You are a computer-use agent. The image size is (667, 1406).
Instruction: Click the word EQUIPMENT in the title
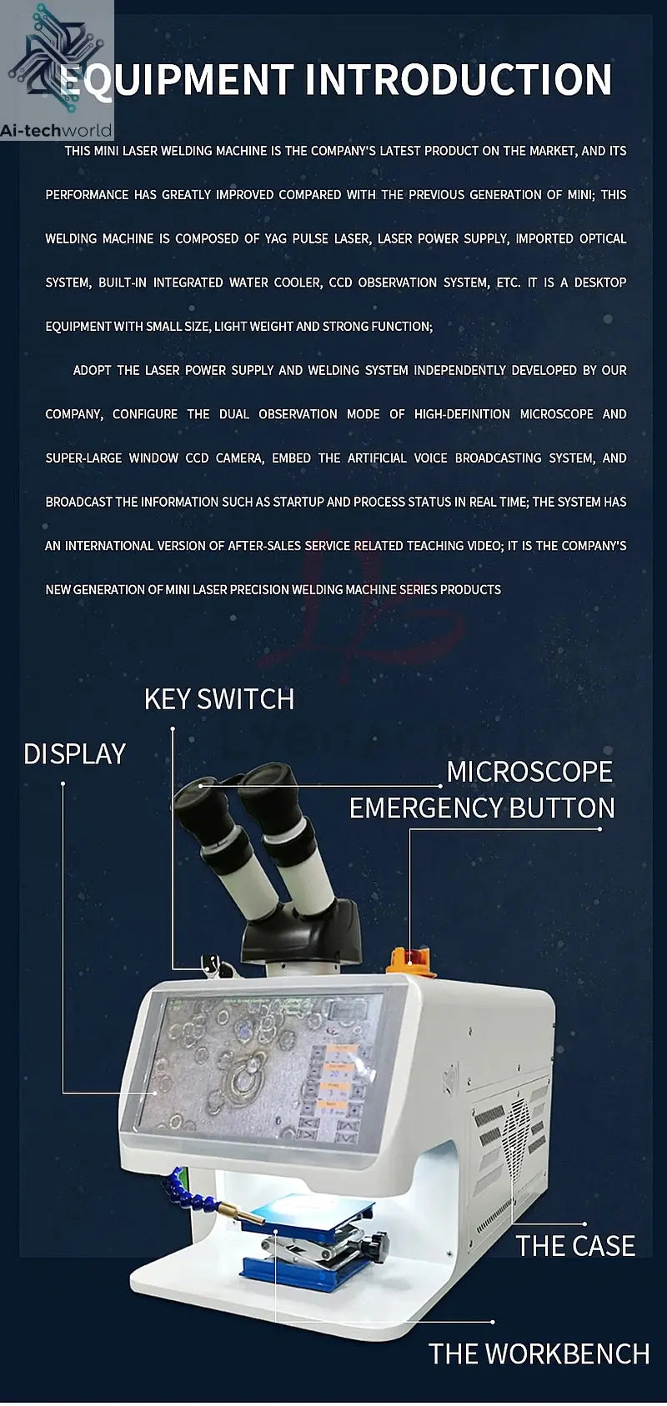[177, 80]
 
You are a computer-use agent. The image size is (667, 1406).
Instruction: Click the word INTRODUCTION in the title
[459, 80]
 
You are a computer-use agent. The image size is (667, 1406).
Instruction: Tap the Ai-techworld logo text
[57, 131]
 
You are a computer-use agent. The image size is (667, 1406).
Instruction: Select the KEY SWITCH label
[219, 698]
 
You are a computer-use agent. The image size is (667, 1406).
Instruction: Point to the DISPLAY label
[75, 754]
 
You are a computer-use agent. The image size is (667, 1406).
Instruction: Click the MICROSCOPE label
[529, 772]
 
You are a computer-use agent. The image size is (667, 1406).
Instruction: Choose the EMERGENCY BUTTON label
[482, 808]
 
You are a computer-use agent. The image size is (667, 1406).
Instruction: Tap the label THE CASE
[575, 1245]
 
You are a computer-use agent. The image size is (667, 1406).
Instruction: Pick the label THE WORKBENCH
[539, 1353]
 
